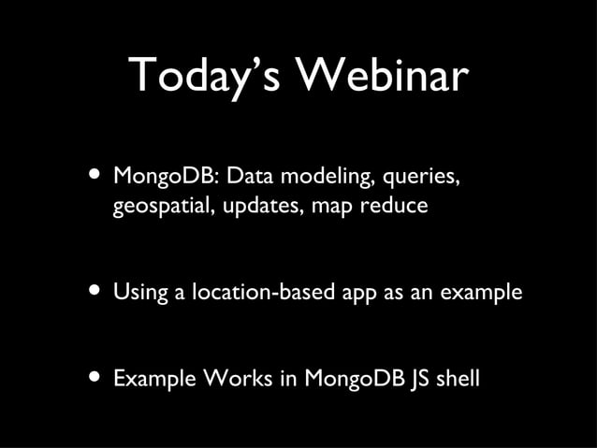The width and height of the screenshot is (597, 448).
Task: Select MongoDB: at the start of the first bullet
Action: [165, 176]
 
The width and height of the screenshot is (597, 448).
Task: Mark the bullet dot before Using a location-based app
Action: [95, 291]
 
